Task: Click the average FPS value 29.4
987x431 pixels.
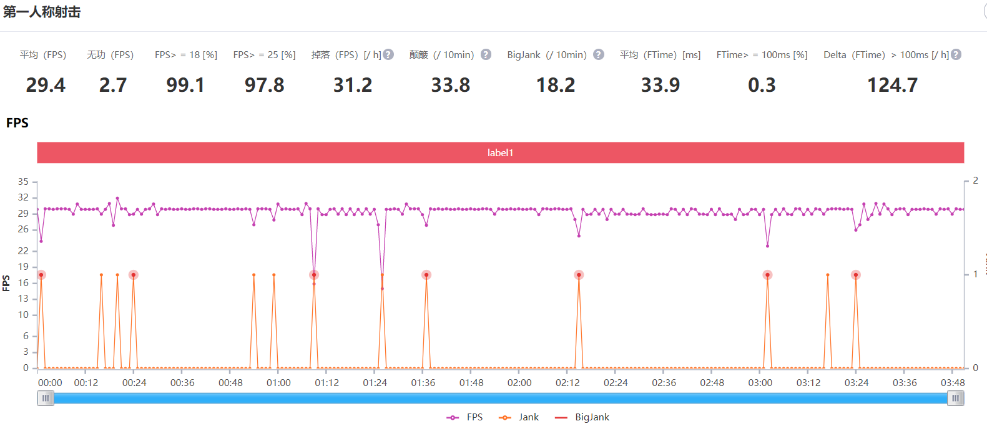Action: pyautogui.click(x=46, y=85)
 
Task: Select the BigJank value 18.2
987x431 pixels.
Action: pyautogui.click(x=556, y=85)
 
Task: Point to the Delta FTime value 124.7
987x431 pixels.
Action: pyautogui.click(x=892, y=85)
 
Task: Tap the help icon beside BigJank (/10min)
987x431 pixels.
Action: pyautogui.click(x=598, y=55)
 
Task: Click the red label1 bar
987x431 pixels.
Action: pyautogui.click(x=500, y=152)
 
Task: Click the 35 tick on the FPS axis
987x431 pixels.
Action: pyautogui.click(x=23, y=182)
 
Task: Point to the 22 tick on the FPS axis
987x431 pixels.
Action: pyautogui.click(x=23, y=251)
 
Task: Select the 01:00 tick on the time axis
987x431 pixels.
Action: pyautogui.click(x=278, y=383)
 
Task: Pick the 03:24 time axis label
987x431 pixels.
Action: pyautogui.click(x=856, y=383)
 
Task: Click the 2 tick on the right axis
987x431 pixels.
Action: pyautogui.click(x=975, y=181)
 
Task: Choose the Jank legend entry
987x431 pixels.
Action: pyautogui.click(x=519, y=417)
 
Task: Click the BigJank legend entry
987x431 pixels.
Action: pyautogui.click(x=582, y=417)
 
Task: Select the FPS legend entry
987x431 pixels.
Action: pyautogui.click(x=465, y=417)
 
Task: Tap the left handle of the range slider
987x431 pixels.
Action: pyautogui.click(x=46, y=399)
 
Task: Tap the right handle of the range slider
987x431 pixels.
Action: pyautogui.click(x=955, y=399)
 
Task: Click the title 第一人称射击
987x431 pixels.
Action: pyautogui.click(x=42, y=12)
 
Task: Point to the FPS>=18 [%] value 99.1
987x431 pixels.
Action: pyautogui.click(x=185, y=85)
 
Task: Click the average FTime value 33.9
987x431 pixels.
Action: pyautogui.click(x=660, y=85)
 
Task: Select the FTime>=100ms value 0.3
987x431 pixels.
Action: pyautogui.click(x=762, y=85)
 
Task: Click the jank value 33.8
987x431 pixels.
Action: pyautogui.click(x=450, y=85)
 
